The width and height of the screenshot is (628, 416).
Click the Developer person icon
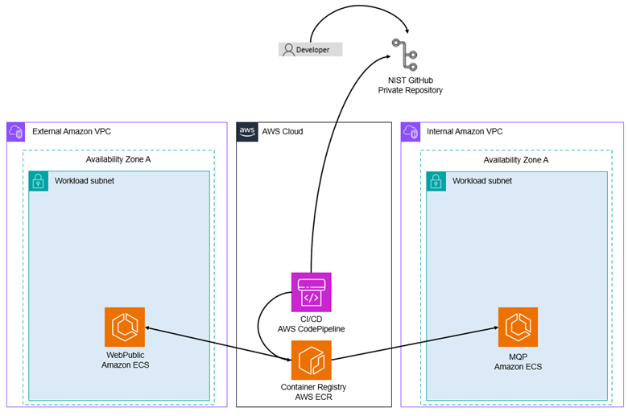tap(288, 49)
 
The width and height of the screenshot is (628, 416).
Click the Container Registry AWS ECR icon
tap(311, 360)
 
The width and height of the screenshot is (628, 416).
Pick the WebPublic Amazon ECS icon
tap(125, 327)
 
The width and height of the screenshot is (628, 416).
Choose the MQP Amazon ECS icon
tap(518, 327)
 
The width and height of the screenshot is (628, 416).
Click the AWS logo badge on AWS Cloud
tap(247, 132)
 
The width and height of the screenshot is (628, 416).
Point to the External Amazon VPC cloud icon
tap(17, 132)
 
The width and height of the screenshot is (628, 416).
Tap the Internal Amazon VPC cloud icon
tap(411, 132)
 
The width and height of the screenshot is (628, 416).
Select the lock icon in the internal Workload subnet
tap(436, 180)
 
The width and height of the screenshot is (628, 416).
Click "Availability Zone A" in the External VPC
tap(118, 159)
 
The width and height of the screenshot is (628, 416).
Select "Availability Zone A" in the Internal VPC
tap(516, 159)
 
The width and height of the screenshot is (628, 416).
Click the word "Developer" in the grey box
tap(313, 49)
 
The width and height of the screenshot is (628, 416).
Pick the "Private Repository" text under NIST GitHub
tap(411, 91)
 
